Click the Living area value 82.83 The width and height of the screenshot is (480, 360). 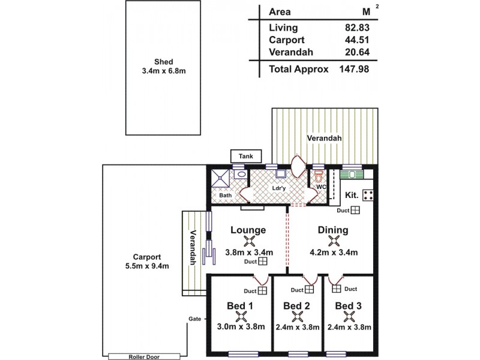pos(357,28)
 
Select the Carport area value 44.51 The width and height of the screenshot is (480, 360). pos(357,40)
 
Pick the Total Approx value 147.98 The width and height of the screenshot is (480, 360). pos(355,69)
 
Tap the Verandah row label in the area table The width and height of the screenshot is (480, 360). pos(292,52)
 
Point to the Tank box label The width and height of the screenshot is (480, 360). pos(246,156)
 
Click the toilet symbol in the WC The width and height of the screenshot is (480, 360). pos(319,178)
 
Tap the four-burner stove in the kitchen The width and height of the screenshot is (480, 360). pos(368,194)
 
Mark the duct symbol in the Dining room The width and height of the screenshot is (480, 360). pos(356,210)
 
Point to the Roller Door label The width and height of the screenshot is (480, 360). pos(143,355)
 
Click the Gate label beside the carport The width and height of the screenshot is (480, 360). pos(194,319)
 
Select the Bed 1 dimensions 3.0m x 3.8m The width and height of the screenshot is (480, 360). pos(239,327)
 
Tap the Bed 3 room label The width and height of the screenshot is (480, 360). pos(348,306)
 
